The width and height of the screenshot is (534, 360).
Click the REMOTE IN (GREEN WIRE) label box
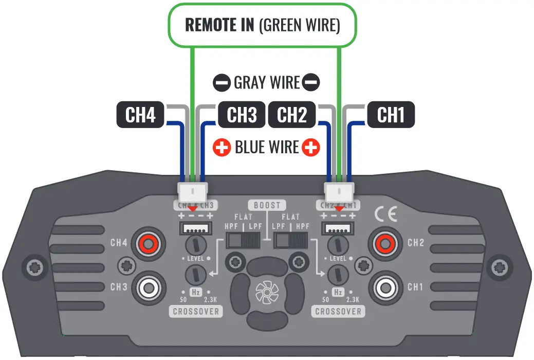pyautogui.click(x=262, y=26)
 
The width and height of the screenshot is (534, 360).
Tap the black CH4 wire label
pyautogui.click(x=140, y=115)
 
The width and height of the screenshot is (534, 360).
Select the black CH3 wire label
pyautogui.click(x=242, y=115)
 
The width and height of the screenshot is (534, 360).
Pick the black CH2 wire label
pyautogui.click(x=292, y=115)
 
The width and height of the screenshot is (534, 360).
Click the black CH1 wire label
pyautogui.click(x=391, y=115)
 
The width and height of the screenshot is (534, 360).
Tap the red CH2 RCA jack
pyautogui.click(x=385, y=242)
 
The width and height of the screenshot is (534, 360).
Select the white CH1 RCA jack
pyautogui.click(x=385, y=286)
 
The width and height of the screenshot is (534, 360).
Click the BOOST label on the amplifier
pyautogui.click(x=267, y=205)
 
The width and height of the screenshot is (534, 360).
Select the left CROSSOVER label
pyautogui.click(x=196, y=312)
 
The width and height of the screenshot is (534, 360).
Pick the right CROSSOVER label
pyautogui.click(x=338, y=312)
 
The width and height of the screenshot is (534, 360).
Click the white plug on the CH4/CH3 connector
pyautogui.click(x=193, y=193)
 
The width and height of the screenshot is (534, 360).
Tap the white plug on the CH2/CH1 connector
pyautogui.click(x=339, y=193)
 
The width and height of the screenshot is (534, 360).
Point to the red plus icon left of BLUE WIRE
pyautogui.click(x=222, y=148)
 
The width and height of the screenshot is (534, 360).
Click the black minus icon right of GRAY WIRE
pyautogui.click(x=311, y=82)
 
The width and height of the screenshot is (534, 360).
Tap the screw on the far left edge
pyautogui.click(x=34, y=267)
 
